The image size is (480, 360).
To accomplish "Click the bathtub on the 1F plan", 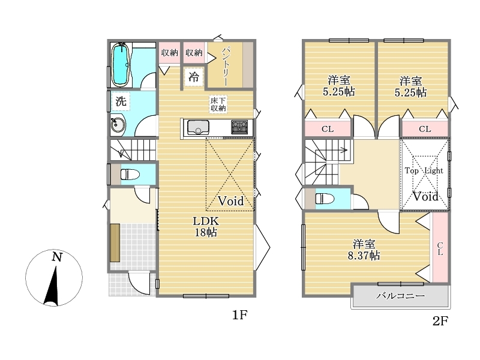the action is click(120, 65).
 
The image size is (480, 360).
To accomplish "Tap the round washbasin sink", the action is click(118, 125).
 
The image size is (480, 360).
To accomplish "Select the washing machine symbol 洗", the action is click(121, 101).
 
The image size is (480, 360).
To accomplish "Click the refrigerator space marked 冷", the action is click(194, 77).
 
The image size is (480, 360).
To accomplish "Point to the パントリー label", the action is click(226, 66).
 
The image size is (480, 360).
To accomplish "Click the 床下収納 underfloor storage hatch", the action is click(218, 104).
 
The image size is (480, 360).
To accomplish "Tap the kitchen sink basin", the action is click(198, 127).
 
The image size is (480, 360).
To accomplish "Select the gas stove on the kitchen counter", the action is click(239, 127).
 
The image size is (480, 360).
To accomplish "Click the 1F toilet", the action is click(130, 175).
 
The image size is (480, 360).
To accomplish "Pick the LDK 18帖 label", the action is click(206, 227).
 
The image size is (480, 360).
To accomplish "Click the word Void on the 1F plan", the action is click(231, 201).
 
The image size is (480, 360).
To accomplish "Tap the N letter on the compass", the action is click(57, 257).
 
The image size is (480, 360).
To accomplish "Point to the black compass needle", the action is click(53, 286).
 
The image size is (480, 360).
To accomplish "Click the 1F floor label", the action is click(239, 314).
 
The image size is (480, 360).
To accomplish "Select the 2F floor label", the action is click(440, 321).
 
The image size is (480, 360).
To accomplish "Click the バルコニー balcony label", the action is click(400, 296).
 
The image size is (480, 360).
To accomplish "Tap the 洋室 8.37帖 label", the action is click(364, 250).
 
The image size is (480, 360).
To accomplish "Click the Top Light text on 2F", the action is click(424, 170).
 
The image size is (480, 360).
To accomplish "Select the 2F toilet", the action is click(325, 199).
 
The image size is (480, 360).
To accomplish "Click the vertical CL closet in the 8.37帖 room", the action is click(440, 247).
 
